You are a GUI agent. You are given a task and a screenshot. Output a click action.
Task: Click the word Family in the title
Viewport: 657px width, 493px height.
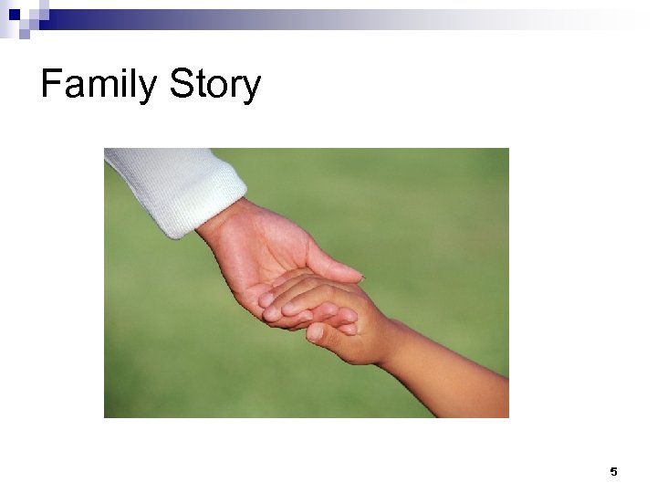point(99,86)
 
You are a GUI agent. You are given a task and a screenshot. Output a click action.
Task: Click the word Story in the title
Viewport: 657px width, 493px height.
point(214,86)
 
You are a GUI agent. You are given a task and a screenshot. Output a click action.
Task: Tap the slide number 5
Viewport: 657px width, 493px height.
point(613,472)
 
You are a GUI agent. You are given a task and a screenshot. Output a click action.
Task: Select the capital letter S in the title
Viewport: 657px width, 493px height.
point(181,85)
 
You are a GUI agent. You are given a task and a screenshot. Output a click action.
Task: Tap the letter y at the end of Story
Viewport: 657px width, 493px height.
point(252,89)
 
